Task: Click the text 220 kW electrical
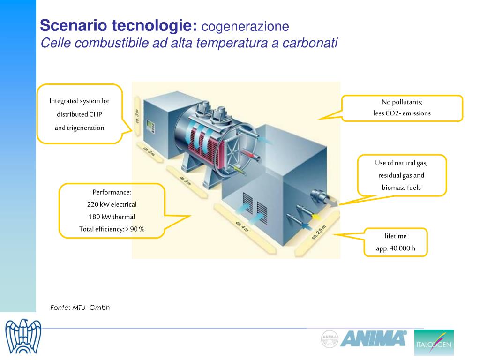tap(112, 204)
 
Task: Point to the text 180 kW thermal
tap(112, 217)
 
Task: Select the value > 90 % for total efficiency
tap(135, 229)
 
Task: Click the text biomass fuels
tap(401, 187)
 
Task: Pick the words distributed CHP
tap(79, 114)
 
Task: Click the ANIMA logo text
tap(374, 338)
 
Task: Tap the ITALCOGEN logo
tap(434, 342)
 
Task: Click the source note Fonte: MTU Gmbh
tap(80, 307)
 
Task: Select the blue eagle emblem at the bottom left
tap(23, 337)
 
